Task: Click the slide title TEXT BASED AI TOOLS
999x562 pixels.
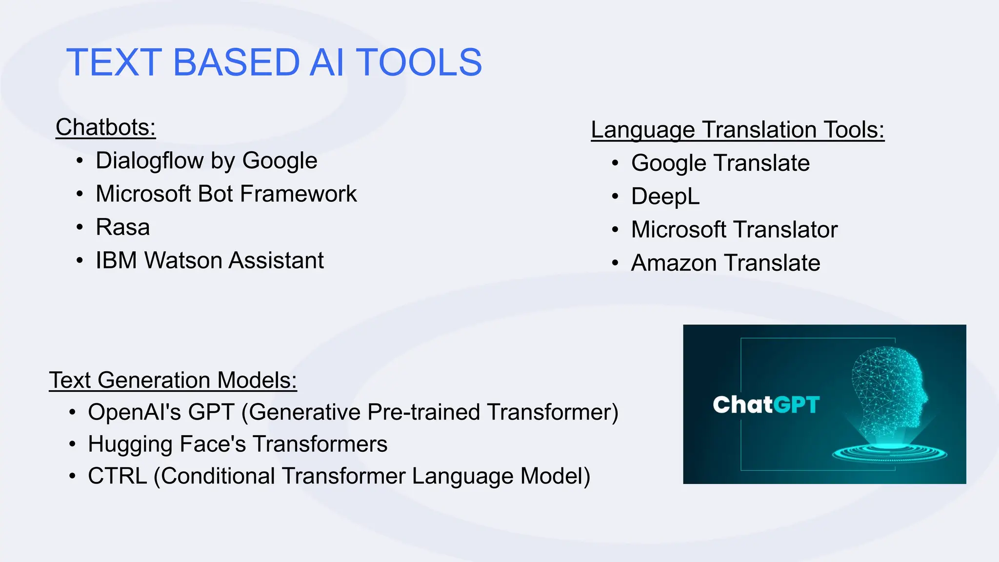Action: pos(274,62)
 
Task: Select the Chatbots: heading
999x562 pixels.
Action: pos(105,127)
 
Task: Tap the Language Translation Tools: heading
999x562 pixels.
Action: pos(737,130)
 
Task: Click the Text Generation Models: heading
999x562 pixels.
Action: pos(173,380)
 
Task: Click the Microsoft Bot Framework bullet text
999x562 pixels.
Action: pos(226,194)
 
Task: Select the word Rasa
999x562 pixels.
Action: pos(122,227)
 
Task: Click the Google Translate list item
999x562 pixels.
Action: pos(720,163)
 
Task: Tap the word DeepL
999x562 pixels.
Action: pos(665,197)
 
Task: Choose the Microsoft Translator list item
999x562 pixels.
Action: pos(734,230)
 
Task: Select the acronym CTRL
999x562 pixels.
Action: pos(117,476)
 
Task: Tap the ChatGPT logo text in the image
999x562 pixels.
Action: pos(766,405)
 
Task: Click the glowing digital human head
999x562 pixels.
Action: pos(890,390)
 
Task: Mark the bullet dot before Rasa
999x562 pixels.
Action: pos(80,227)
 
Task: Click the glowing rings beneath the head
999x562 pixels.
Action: pos(890,453)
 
